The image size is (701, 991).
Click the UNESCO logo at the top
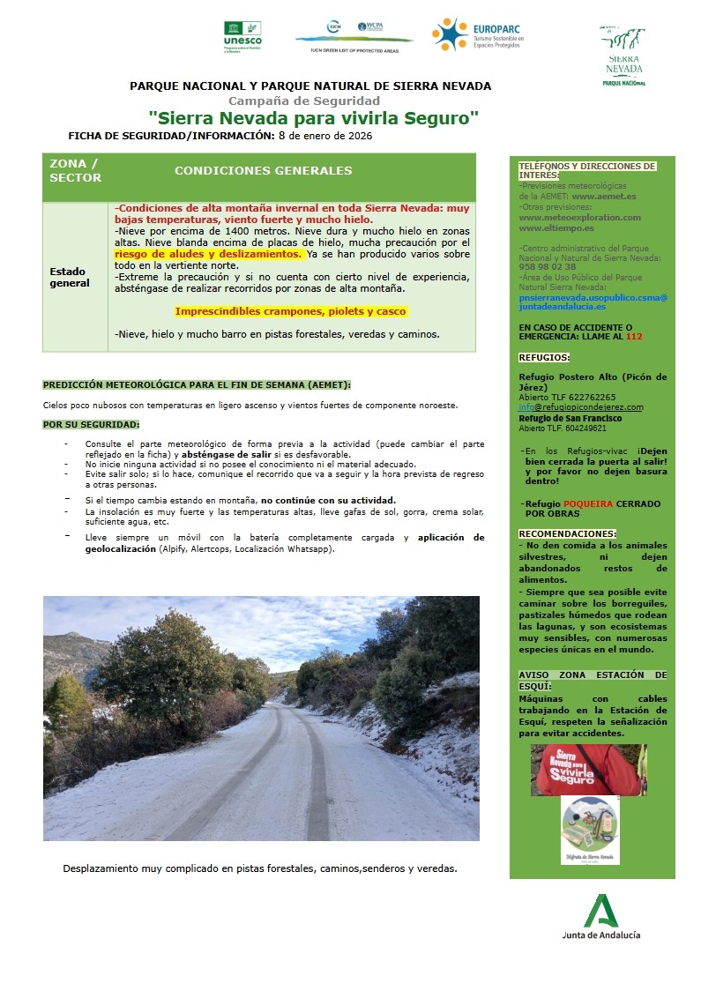[x=242, y=36]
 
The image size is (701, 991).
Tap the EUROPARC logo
[x=477, y=34]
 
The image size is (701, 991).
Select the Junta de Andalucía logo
[x=601, y=917]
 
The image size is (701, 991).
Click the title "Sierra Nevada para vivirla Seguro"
[x=313, y=117]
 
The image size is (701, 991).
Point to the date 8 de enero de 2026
[x=325, y=136]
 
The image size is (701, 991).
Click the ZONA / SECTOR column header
[x=75, y=170]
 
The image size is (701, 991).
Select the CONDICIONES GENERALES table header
[x=263, y=171]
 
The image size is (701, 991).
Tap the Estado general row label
[x=70, y=278]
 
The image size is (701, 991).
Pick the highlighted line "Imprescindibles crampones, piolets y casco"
[x=290, y=311]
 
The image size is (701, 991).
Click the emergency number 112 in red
[x=633, y=336]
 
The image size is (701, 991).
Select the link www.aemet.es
[x=604, y=196]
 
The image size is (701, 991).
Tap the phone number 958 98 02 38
[x=548, y=266]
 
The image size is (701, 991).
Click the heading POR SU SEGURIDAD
[x=91, y=425]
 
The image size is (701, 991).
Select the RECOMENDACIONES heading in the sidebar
[x=567, y=533]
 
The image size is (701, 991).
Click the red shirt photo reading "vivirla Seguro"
[x=588, y=770]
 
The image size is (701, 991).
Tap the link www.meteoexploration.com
[x=579, y=217]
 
